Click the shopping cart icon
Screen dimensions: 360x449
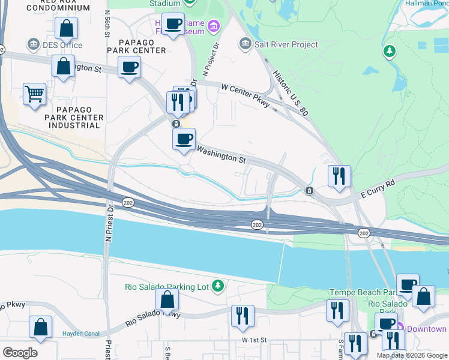coord(34,94)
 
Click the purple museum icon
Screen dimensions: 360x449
coord(213,26)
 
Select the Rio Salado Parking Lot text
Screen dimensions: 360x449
coord(166,287)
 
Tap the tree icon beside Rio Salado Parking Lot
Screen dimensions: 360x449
coord(217,287)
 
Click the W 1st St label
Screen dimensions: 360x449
coord(253,340)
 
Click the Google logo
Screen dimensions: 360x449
coord(19,353)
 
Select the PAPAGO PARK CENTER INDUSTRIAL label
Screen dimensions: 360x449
coord(76,117)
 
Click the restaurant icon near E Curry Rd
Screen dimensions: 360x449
coord(339,176)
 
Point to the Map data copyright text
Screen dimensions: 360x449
coord(412,355)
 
